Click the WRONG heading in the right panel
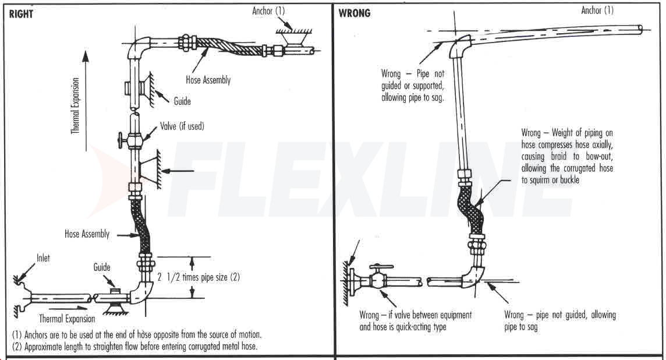(x=355, y=13)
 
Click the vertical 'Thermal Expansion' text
(x=75, y=106)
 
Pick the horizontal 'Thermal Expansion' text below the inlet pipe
(x=67, y=319)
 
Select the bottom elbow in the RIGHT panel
(x=142, y=291)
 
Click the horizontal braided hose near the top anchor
(x=230, y=46)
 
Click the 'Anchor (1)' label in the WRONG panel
(x=597, y=10)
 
